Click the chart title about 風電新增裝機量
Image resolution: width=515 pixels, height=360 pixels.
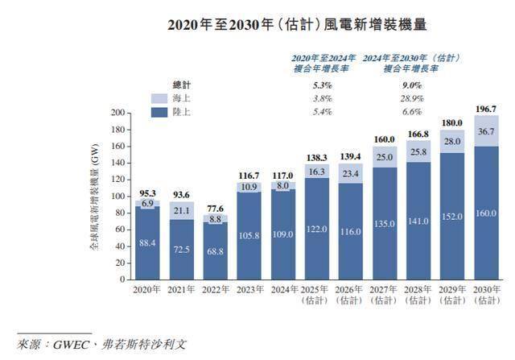click(257, 25)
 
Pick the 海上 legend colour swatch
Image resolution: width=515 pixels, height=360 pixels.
click(159, 97)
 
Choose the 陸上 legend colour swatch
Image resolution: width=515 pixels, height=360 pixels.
click(159, 110)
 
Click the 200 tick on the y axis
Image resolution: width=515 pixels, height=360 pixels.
click(117, 114)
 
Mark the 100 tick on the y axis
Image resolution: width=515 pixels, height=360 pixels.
click(117, 197)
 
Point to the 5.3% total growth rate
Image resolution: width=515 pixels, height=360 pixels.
click(322, 85)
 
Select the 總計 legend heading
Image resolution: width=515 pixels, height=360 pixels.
click(183, 85)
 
